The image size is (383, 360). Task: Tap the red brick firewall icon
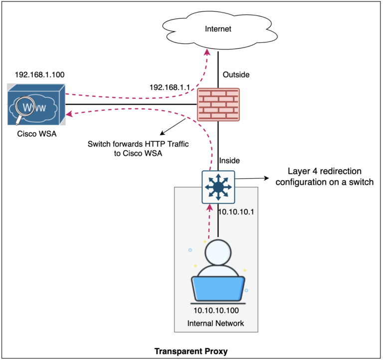pos(218,104)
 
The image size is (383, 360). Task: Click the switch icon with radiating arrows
pos(218,187)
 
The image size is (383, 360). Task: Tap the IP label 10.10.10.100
pos(215,311)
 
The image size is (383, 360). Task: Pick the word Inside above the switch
pos(230,161)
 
